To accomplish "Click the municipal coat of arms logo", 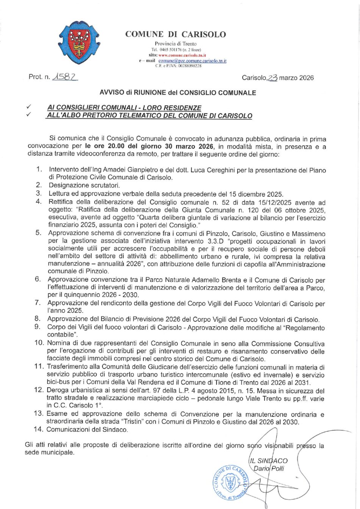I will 79,42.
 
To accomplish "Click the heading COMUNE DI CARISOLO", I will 175,34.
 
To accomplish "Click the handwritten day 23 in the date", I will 272,78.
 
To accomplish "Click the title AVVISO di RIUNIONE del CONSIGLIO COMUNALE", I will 178,92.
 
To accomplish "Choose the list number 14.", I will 39,429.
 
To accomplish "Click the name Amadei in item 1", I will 110,170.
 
